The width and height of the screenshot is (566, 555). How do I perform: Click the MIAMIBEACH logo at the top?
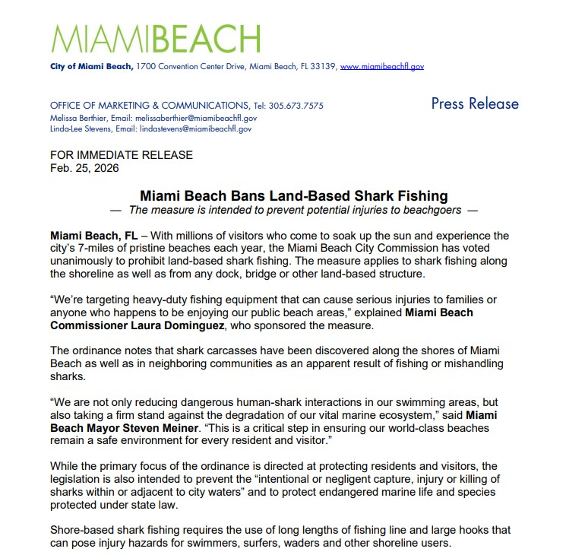pyautogui.click(x=156, y=40)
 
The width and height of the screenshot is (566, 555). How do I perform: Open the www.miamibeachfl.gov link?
pyautogui.click(x=381, y=67)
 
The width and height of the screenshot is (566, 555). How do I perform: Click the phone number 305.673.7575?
pyautogui.click(x=298, y=106)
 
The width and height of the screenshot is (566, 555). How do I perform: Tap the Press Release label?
pyautogui.click(x=475, y=103)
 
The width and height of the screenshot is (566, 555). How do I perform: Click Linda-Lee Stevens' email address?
pyautogui.click(x=201, y=129)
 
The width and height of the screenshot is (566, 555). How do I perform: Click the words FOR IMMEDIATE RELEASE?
pyautogui.click(x=121, y=155)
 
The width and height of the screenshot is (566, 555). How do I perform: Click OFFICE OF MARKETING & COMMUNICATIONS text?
pyautogui.click(x=148, y=106)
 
